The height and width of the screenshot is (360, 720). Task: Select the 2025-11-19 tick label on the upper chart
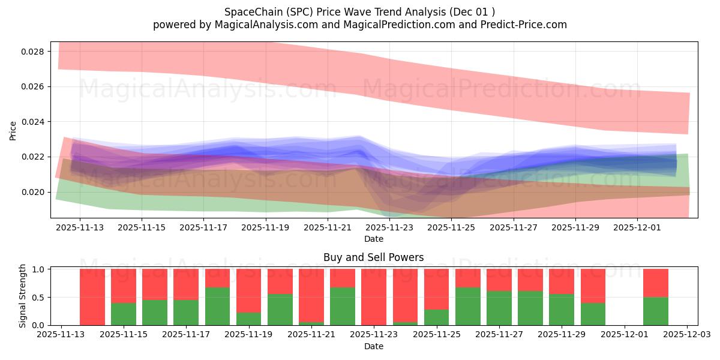[266, 227]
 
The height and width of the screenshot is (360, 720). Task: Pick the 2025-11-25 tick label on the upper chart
[452, 227]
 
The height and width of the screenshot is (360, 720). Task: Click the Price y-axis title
[13, 130]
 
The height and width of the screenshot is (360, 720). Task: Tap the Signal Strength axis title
[23, 296]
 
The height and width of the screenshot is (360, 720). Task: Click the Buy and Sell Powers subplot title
[373, 257]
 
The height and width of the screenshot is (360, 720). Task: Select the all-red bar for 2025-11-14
[92, 297]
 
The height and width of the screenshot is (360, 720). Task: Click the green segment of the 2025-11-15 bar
[124, 314]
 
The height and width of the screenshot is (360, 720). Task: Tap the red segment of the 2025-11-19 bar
[248, 290]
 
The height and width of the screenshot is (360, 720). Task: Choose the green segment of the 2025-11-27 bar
[499, 308]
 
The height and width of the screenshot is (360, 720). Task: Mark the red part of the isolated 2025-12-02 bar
[655, 283]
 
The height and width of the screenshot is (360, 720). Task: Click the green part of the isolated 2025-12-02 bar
[655, 311]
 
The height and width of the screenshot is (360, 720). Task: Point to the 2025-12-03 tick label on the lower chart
[687, 335]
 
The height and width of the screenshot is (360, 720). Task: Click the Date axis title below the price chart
[373, 239]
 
